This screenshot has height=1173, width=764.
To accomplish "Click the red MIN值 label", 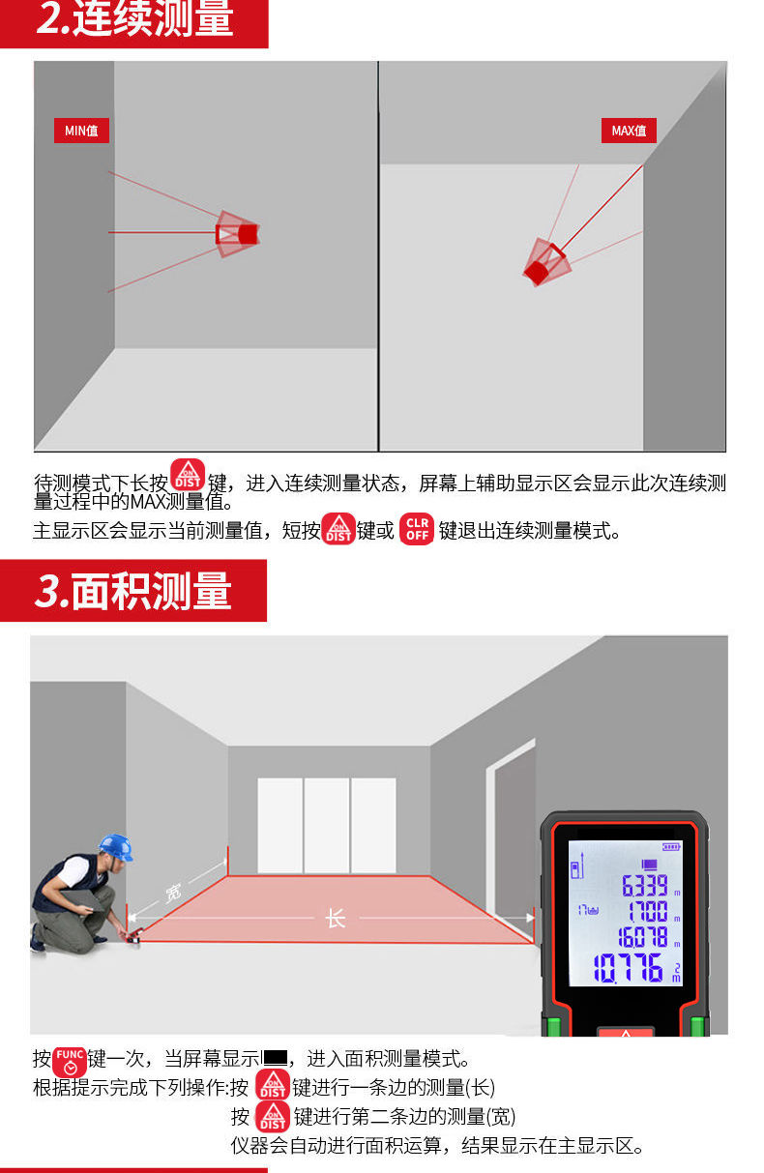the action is pos(81,131).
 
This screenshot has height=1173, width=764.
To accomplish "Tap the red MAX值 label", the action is pos(629,131).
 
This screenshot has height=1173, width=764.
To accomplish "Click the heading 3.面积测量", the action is pos(133,591).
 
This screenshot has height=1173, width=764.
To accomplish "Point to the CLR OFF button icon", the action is pos(417,529).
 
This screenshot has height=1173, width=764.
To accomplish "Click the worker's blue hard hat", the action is pos(116,847).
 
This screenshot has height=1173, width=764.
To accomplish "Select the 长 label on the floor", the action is pos(336,919).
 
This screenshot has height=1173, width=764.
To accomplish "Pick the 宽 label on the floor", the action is pos(173,893).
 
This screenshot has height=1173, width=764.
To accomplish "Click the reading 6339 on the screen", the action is pos(645,886).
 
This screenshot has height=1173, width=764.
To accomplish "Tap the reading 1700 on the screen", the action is pos(648,912).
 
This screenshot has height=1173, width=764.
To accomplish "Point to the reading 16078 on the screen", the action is pos(643,937).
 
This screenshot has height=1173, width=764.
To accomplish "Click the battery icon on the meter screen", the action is pos(671,847).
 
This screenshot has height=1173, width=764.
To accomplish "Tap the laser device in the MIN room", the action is pos(237,234).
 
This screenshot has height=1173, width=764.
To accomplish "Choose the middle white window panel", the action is pos(326,826).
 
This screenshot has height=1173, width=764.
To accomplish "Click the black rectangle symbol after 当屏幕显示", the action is pos(276,1058).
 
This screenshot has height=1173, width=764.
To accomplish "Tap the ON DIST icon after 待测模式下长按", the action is pos(188,475).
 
